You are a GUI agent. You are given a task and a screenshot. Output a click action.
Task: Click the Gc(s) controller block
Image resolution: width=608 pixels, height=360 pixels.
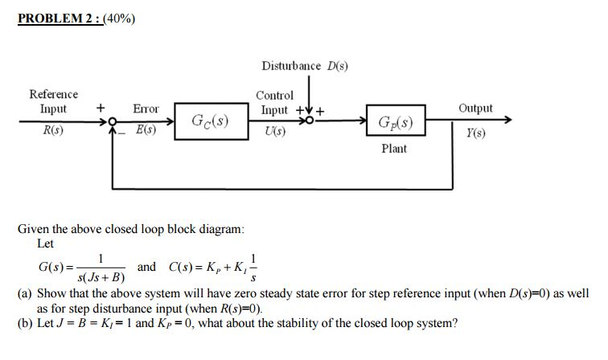(208, 122)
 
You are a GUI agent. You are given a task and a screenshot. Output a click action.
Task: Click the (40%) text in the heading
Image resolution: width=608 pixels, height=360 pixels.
(118, 18)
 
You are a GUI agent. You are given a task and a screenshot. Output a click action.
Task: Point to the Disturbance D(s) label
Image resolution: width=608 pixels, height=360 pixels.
(304, 65)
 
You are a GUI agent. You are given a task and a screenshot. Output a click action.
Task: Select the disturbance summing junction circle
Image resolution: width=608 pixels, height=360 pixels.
(306, 122)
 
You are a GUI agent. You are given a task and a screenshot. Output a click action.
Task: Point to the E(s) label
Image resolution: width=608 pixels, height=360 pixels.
(146, 129)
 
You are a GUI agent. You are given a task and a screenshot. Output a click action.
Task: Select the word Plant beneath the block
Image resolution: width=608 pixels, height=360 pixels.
(393, 149)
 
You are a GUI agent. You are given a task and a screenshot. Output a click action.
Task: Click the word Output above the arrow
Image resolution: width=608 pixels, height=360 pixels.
(475, 108)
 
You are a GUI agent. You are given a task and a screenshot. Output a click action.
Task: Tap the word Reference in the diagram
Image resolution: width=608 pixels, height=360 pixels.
(53, 94)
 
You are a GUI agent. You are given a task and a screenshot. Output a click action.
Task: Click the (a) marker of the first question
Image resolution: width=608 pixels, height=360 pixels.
(25, 293)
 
